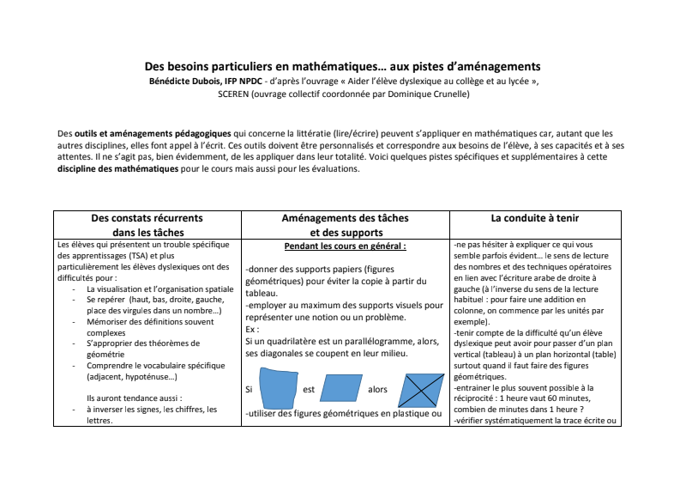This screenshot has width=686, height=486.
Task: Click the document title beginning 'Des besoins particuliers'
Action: coord(342,66)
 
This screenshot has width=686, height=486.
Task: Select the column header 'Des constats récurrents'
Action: coord(147,218)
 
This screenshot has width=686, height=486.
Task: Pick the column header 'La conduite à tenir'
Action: coord(534,218)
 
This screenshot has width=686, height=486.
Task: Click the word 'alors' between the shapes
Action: coord(377,389)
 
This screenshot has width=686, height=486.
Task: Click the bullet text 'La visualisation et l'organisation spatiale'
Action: coord(160,289)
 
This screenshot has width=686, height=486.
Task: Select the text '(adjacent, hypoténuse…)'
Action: coord(132,376)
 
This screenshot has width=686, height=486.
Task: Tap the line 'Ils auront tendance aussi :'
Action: coord(134,398)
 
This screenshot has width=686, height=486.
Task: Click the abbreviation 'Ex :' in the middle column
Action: coord(253,329)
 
